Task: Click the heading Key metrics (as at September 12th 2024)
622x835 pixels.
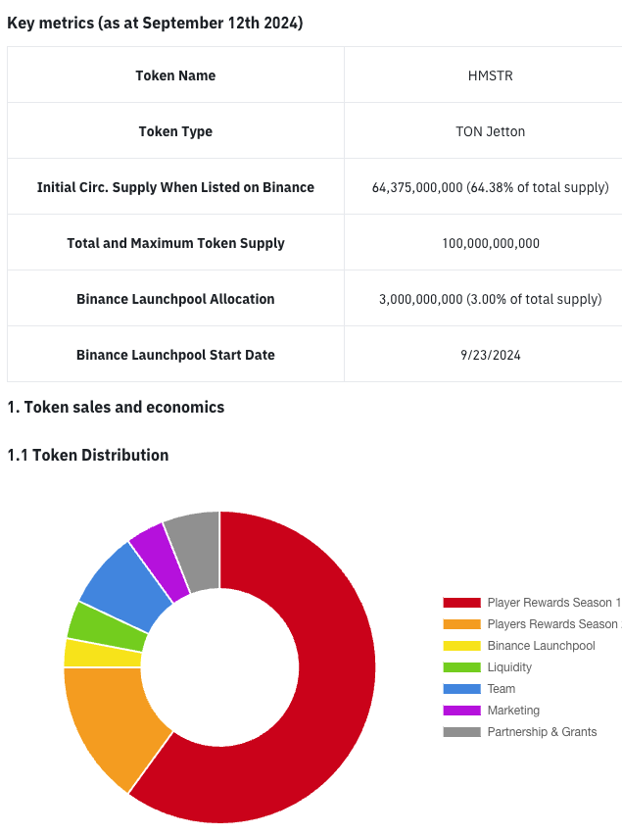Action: (x=155, y=23)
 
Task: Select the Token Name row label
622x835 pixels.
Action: (x=175, y=75)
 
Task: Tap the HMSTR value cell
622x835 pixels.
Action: (x=490, y=75)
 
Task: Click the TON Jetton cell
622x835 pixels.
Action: (x=490, y=131)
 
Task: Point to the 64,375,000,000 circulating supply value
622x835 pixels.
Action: (x=490, y=187)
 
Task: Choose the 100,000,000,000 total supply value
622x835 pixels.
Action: (x=490, y=243)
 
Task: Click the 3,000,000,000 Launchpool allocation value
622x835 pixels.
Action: (x=490, y=299)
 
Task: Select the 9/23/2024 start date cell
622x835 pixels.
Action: (x=490, y=355)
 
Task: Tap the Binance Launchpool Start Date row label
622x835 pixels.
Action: (x=175, y=355)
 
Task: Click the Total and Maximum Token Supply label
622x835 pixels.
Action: (x=175, y=243)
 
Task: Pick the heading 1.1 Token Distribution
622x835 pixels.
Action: (x=87, y=455)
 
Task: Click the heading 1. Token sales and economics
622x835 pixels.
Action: (x=116, y=407)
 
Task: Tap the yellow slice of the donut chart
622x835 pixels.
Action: (x=102, y=653)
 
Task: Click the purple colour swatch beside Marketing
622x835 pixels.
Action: (x=461, y=711)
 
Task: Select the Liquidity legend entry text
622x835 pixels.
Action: (x=509, y=667)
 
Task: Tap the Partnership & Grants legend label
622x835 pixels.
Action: (x=542, y=732)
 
